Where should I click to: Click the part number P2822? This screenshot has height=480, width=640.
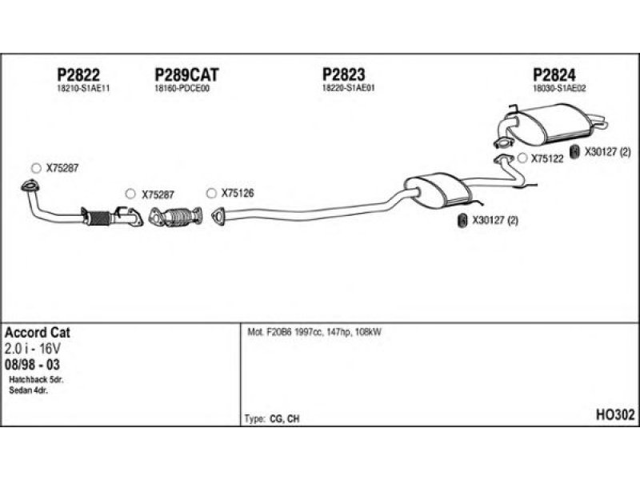pyautogui.click(x=78, y=74)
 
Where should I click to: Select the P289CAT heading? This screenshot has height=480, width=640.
pyautogui.click(x=187, y=74)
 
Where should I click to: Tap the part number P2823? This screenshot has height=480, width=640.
pyautogui.click(x=344, y=74)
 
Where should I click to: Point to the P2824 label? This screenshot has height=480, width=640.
pyautogui.click(x=554, y=74)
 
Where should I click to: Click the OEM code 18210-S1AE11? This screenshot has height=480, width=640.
pyautogui.click(x=83, y=89)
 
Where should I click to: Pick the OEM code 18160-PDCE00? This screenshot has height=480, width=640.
pyautogui.click(x=182, y=88)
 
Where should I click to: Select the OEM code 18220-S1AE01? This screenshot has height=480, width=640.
pyautogui.click(x=349, y=88)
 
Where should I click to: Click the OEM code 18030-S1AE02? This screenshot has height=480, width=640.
pyautogui.click(x=559, y=88)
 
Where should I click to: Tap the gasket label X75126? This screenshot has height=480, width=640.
pyautogui.click(x=238, y=193)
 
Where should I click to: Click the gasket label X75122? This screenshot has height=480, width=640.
pyautogui.click(x=547, y=158)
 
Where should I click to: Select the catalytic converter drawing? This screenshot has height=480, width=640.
pyautogui.click(x=175, y=216)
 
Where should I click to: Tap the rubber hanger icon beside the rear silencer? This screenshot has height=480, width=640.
pyautogui.click(x=574, y=152)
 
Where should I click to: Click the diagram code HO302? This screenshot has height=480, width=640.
pyautogui.click(x=615, y=414)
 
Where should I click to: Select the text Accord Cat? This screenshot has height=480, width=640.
pyautogui.click(x=38, y=333)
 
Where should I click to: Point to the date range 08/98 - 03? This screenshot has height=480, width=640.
pyautogui.click(x=32, y=364)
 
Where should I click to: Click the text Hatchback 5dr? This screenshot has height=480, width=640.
pyautogui.click(x=36, y=379)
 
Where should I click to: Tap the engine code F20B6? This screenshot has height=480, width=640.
pyautogui.click(x=279, y=332)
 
